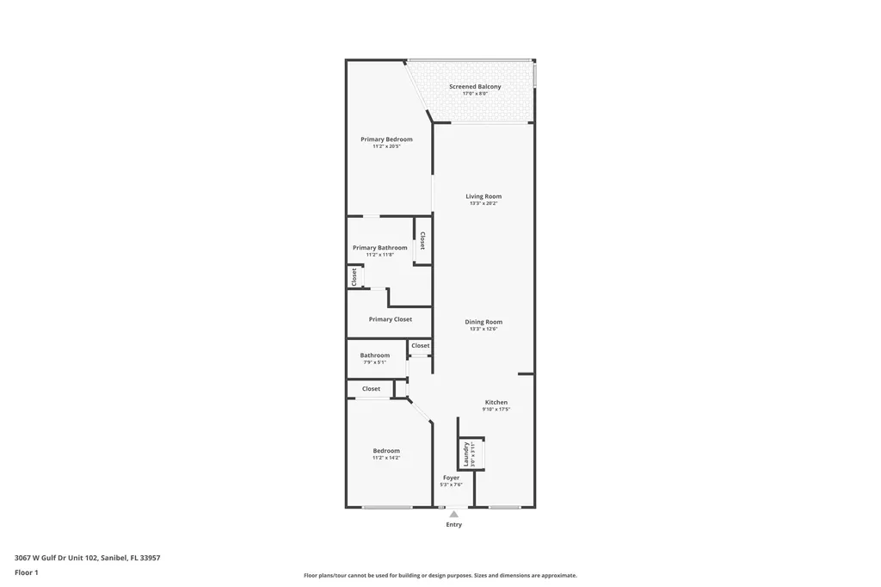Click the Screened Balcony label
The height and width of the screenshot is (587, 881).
click(475, 87)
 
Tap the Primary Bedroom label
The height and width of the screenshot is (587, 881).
click(386, 139)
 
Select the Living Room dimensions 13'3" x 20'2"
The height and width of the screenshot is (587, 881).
click(484, 203)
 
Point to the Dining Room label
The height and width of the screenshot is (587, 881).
click(484, 322)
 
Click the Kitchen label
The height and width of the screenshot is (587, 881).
click(496, 402)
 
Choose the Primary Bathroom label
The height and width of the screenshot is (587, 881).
click(379, 248)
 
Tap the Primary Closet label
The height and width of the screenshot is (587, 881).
click(390, 319)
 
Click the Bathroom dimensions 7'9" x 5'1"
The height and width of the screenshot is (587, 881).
click(375, 362)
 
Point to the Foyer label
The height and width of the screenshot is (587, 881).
click(452, 478)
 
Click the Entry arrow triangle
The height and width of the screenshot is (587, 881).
click(453, 515)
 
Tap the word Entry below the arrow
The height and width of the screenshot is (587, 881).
click(453, 525)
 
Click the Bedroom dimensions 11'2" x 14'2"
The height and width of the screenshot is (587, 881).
click(386, 458)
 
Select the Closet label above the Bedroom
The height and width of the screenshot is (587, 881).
click(371, 389)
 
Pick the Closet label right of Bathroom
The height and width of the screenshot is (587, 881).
click(421, 346)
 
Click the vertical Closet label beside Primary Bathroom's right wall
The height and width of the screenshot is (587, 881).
click(422, 240)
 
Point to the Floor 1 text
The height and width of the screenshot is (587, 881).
click(27, 572)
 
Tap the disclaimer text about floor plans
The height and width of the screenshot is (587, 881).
click(440, 576)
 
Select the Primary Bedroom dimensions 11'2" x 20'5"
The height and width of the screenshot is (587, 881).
click(386, 146)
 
